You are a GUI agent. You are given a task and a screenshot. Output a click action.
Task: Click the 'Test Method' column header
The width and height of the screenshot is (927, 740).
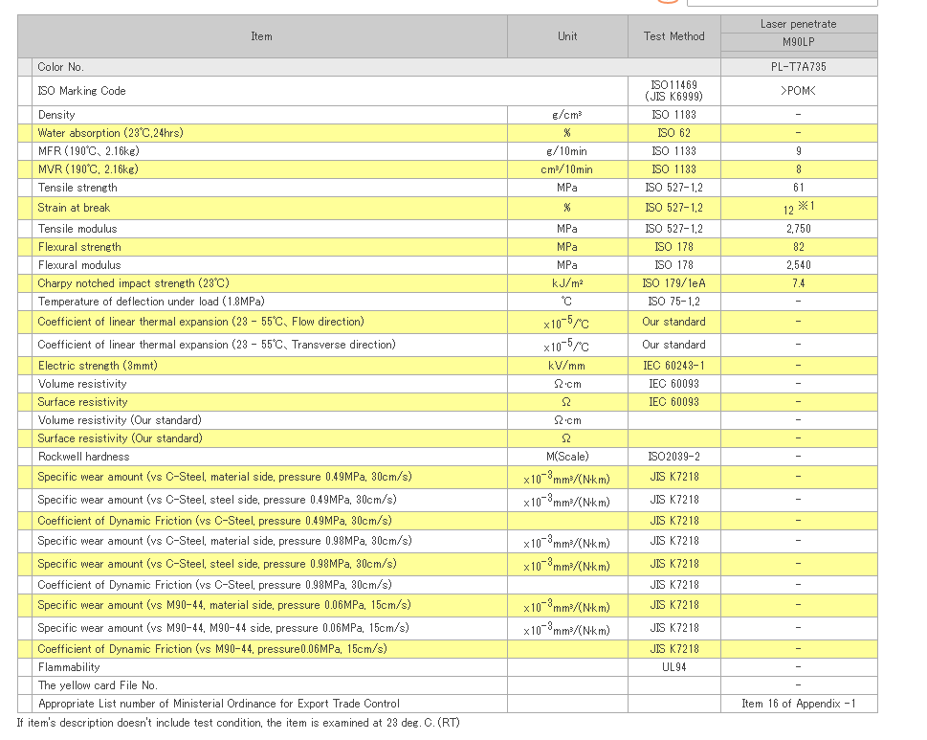click(x=674, y=36)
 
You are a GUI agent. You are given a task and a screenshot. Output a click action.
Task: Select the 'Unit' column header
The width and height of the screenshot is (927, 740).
click(x=567, y=36)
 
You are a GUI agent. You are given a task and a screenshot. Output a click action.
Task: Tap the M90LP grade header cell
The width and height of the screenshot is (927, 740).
click(x=798, y=42)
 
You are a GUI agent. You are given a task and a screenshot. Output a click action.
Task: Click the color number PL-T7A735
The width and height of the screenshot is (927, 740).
click(x=798, y=67)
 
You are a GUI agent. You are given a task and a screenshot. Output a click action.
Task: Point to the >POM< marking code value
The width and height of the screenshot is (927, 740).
click(x=798, y=91)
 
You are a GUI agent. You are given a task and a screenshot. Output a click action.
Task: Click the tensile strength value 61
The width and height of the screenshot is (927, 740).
click(x=798, y=188)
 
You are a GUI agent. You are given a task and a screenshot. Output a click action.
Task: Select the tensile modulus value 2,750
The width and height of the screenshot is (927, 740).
click(x=798, y=229)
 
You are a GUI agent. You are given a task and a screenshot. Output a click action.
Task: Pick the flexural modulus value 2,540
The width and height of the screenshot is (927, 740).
click(x=798, y=265)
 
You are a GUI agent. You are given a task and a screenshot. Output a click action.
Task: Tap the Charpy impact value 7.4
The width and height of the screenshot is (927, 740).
click(x=798, y=283)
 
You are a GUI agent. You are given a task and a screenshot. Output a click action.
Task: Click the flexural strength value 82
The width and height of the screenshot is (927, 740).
click(x=798, y=247)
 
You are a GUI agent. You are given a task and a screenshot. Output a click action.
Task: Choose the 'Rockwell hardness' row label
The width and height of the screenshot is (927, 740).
click(x=83, y=457)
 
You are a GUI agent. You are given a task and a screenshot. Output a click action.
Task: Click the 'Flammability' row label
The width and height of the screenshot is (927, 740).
click(x=69, y=667)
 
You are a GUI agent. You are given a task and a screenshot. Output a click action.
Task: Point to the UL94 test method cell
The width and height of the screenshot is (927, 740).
click(x=674, y=667)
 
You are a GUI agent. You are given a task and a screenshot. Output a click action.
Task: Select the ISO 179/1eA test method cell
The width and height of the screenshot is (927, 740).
click(x=674, y=283)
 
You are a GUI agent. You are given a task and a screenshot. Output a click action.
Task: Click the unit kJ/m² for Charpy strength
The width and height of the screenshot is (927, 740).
click(x=567, y=283)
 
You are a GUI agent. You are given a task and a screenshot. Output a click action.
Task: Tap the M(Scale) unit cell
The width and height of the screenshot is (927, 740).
click(x=567, y=457)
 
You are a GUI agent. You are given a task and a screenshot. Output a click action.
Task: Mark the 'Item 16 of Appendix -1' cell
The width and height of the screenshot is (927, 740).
click(x=798, y=704)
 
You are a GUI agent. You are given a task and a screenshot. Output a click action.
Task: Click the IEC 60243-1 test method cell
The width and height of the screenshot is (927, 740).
click(x=674, y=366)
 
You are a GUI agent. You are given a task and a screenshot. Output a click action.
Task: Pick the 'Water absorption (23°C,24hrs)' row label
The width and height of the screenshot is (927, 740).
click(x=111, y=133)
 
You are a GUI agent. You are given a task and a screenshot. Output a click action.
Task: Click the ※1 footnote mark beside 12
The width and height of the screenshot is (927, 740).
click(x=806, y=205)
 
